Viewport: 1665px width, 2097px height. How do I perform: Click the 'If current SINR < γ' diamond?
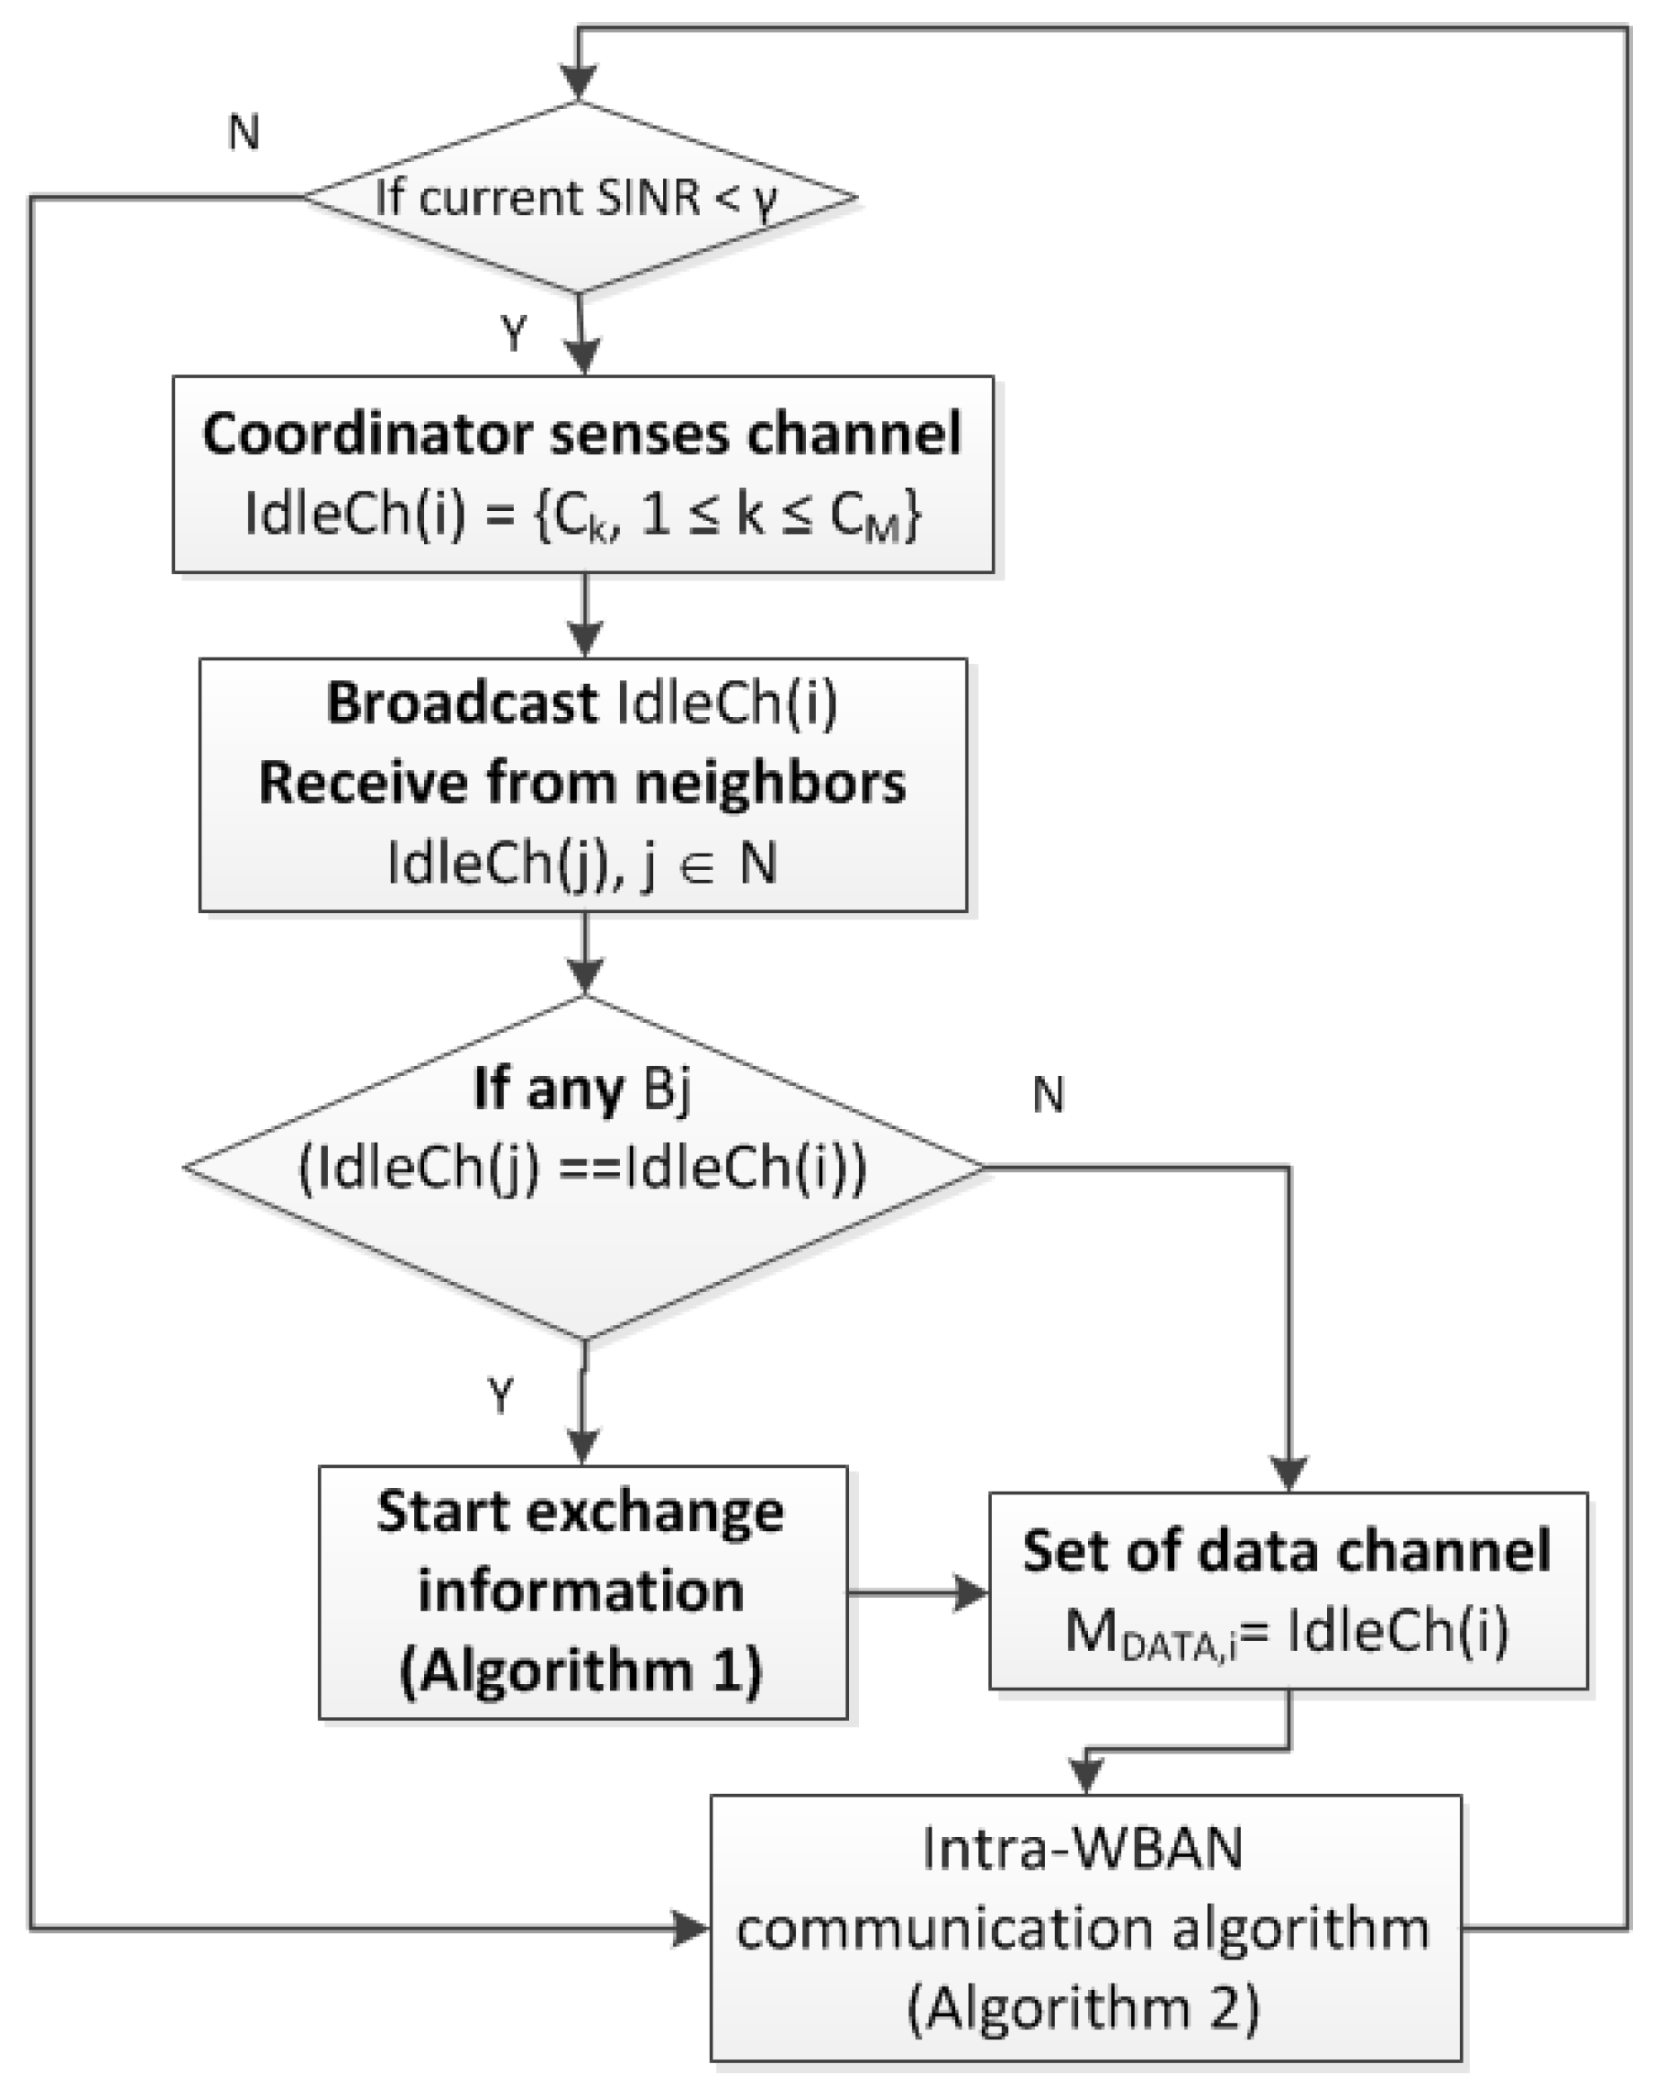pos(580,198)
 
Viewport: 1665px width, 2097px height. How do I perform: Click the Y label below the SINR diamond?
pos(513,334)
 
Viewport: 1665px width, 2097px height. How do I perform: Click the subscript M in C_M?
pos(881,530)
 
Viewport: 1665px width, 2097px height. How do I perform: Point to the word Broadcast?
pos(461,702)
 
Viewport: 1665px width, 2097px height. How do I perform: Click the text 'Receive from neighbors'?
pos(582,783)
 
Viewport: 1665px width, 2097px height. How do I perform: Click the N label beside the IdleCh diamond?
pos(1048,1096)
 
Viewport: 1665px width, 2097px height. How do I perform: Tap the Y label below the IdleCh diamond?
pos(501,1396)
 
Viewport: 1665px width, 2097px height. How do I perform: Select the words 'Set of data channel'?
pos(1286,1550)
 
